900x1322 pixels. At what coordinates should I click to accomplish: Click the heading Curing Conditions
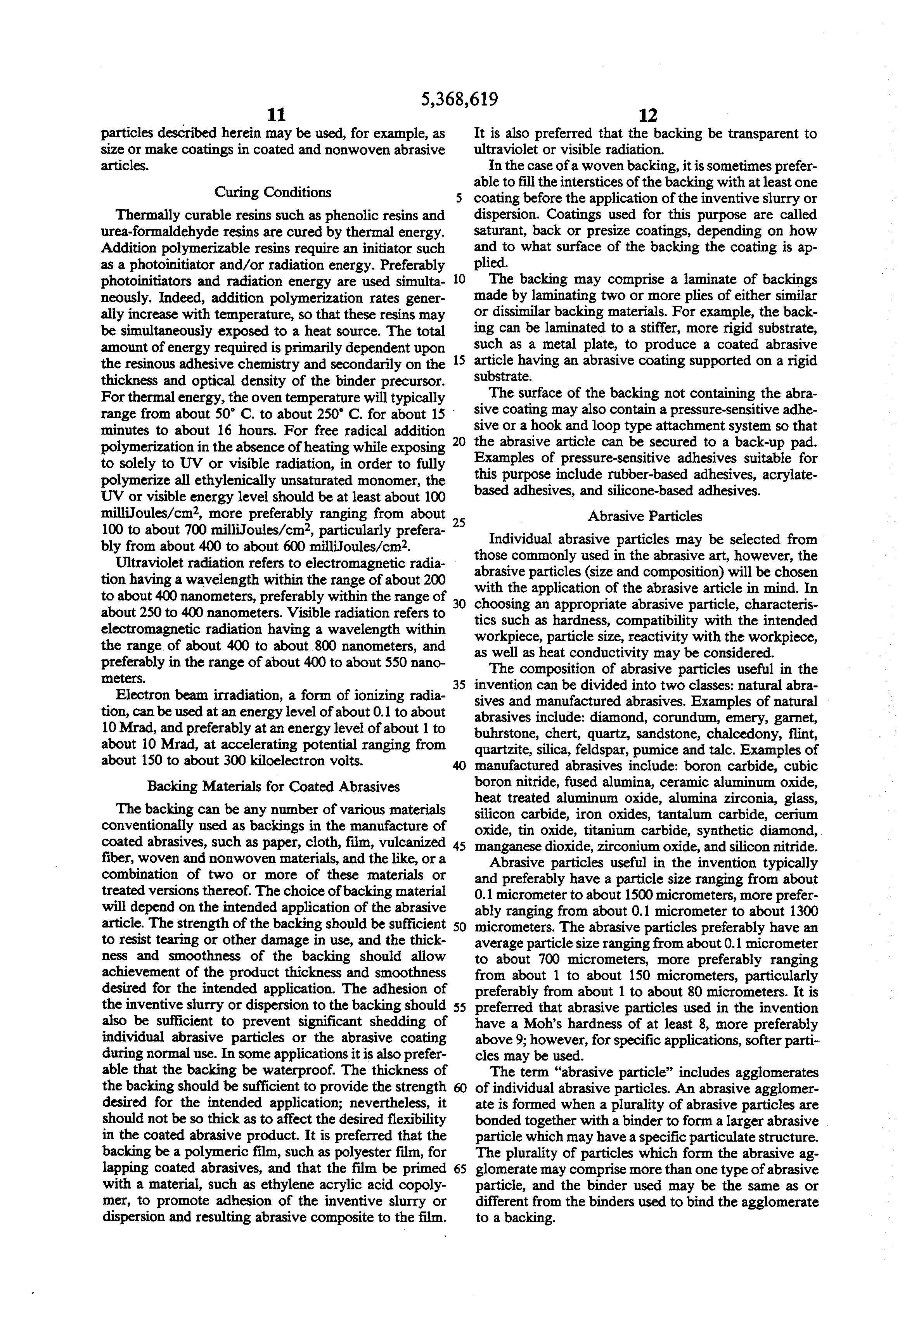coord(272,192)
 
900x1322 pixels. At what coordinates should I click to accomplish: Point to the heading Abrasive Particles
coord(645,517)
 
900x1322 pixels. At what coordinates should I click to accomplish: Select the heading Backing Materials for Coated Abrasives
coord(273,786)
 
